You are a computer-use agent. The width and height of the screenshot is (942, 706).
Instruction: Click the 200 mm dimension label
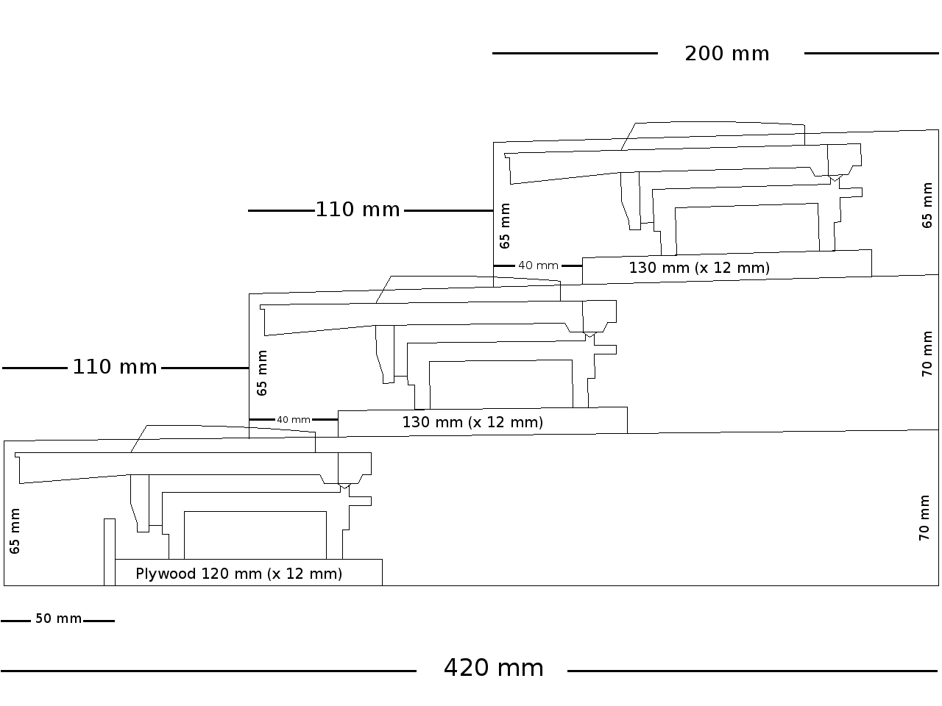click(x=727, y=54)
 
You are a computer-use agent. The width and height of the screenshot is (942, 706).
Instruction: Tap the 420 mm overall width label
click(x=493, y=668)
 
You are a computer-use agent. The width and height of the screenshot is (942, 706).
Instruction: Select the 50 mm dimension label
click(x=58, y=619)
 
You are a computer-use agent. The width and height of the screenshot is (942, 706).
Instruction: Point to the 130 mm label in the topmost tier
click(x=698, y=268)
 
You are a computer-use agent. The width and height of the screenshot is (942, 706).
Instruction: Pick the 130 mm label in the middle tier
click(x=472, y=422)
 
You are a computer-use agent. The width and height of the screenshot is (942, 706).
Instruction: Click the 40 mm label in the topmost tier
click(x=538, y=265)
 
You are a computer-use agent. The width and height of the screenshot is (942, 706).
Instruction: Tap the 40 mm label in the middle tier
click(x=293, y=420)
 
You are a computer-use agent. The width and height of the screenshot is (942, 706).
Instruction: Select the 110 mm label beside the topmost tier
click(x=358, y=210)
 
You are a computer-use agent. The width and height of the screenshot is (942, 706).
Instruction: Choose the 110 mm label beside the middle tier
click(x=115, y=367)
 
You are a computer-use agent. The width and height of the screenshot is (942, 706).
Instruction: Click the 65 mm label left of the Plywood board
click(x=15, y=531)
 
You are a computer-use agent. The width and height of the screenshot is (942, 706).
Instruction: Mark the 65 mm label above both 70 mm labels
click(x=927, y=205)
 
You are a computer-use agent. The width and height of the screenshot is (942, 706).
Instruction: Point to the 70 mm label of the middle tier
click(x=927, y=354)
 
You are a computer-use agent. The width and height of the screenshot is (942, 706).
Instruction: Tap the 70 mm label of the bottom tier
click(x=925, y=518)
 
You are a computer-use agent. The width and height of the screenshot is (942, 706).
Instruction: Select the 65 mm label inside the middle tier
click(x=262, y=373)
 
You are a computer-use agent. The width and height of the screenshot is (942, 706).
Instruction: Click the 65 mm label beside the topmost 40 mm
click(x=505, y=226)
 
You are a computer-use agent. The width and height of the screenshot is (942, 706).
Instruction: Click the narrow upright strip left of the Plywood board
click(x=109, y=552)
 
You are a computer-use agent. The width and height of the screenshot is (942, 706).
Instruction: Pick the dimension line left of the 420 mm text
click(x=208, y=671)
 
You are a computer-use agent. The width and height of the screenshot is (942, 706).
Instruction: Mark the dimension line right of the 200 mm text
click(x=871, y=53)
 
